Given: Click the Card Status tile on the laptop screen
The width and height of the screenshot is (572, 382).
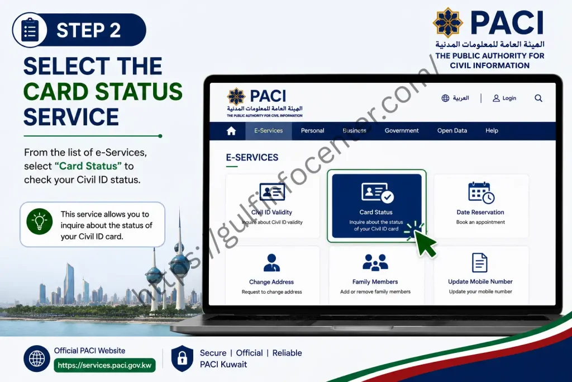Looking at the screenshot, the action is pyautogui.click(x=376, y=206).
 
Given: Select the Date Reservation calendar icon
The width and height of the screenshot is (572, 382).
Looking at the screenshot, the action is pyautogui.click(x=481, y=192).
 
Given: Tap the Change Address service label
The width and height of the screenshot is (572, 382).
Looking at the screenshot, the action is pyautogui.click(x=271, y=282).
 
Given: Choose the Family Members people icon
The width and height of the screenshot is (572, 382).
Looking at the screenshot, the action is pyautogui.click(x=375, y=262).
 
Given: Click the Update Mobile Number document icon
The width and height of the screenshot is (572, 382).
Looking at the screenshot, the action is pyautogui.click(x=480, y=262).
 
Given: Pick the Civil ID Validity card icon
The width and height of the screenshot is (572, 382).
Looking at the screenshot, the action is pyautogui.click(x=272, y=192).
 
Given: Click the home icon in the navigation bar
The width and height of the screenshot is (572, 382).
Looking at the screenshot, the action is pyautogui.click(x=231, y=131).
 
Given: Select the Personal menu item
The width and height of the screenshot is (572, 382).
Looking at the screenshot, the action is pyautogui.click(x=312, y=131).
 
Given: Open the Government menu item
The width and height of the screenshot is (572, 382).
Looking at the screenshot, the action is pyautogui.click(x=402, y=131).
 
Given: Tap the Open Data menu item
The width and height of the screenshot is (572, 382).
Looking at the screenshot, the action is pyautogui.click(x=452, y=131).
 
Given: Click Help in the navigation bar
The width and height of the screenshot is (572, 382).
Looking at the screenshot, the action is pyautogui.click(x=492, y=131).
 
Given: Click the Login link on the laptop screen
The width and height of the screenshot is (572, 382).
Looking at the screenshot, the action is pyautogui.click(x=504, y=98).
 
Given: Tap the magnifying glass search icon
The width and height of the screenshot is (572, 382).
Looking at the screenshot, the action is pyautogui.click(x=538, y=98).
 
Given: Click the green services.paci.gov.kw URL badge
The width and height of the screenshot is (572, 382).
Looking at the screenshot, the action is pyautogui.click(x=104, y=365).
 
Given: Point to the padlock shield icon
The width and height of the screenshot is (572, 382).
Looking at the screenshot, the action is pyautogui.click(x=183, y=359).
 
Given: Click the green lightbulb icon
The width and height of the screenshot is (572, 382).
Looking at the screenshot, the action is pyautogui.click(x=40, y=221).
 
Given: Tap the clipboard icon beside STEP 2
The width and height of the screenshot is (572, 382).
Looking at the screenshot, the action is pyautogui.click(x=30, y=30).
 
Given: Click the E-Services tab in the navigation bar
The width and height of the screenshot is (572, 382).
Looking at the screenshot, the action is pyautogui.click(x=269, y=131).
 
